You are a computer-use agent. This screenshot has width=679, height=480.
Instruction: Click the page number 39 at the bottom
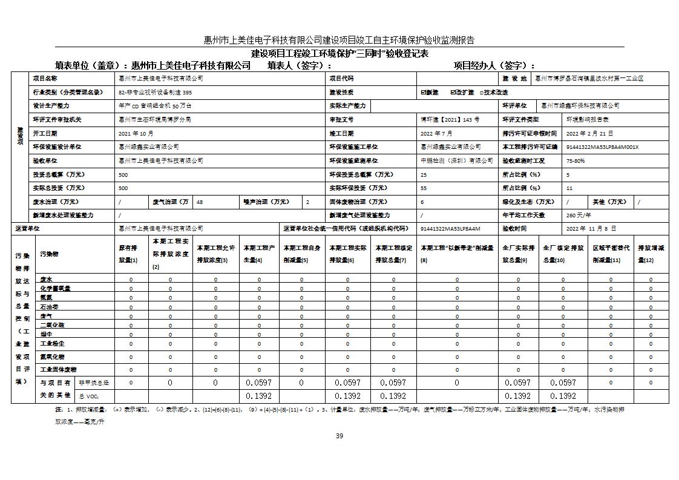coord(339,436)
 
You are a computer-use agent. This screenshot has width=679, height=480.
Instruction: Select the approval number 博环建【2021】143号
coord(450,120)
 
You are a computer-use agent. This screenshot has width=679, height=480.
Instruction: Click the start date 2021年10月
coord(136,133)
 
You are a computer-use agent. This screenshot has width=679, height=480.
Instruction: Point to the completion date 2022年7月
coord(436,133)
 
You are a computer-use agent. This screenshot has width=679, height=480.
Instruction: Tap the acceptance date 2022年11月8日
coord(591,229)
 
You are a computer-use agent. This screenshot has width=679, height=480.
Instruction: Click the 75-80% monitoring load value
coord(576,161)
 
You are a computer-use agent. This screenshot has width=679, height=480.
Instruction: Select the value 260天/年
coord(579,215)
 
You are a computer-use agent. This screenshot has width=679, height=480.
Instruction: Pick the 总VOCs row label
coord(88,396)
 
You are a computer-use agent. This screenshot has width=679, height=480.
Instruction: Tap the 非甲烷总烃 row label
coord(94,383)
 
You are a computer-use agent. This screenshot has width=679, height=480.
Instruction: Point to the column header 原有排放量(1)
coord(128,254)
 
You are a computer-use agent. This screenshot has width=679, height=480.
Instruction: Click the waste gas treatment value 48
coord(200,202)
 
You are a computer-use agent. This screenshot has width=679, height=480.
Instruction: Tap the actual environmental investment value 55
coord(424,188)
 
